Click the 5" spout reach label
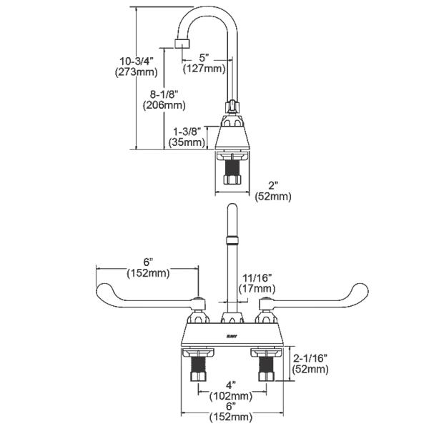tap(204, 57)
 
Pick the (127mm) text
tap(204, 69)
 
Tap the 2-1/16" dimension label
tap(309, 357)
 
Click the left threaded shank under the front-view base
tap(197, 371)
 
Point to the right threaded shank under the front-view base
tap(265, 371)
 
